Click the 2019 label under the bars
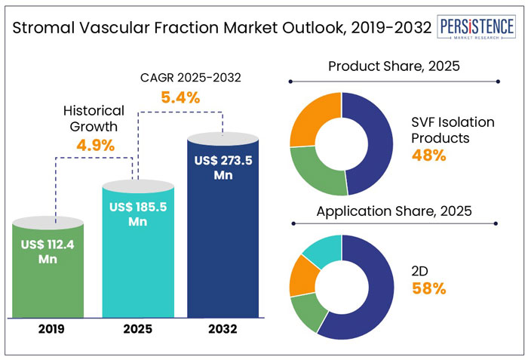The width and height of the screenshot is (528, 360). (48, 329)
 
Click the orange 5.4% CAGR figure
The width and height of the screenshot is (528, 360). (180, 97)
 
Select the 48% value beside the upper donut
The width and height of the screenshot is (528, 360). (428, 156)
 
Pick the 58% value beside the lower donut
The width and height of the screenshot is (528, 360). (428, 288)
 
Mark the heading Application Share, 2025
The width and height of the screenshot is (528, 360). (393, 211)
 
